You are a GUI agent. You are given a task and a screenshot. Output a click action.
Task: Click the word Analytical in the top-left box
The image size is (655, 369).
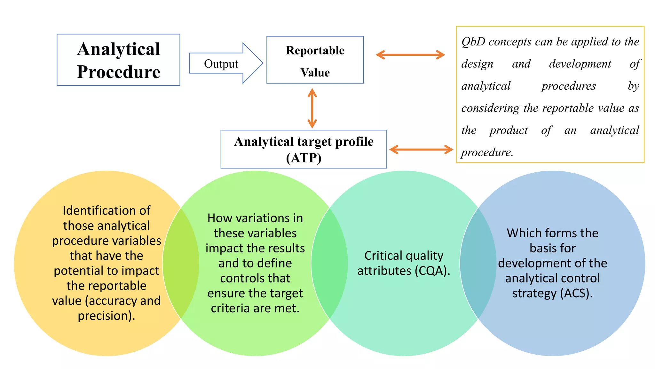118,49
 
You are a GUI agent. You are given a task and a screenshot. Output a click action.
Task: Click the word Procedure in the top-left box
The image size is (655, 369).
118,72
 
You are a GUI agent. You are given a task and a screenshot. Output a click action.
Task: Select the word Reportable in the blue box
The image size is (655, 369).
315,51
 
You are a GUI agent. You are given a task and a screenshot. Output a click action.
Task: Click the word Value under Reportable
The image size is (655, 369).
315,73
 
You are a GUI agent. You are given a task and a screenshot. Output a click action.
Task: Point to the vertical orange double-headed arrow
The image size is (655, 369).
312,108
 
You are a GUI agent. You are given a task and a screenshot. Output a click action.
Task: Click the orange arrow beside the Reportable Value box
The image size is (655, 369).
410,55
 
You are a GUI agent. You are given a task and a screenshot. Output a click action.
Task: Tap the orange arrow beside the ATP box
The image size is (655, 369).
421,149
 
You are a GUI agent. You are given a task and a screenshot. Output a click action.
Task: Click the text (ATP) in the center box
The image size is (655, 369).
304,158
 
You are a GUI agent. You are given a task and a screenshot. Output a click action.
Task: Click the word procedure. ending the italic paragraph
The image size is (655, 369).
487,152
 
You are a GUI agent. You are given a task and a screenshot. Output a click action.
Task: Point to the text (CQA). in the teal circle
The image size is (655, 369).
432,271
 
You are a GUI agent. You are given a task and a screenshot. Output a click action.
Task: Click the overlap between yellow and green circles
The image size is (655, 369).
181,263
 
